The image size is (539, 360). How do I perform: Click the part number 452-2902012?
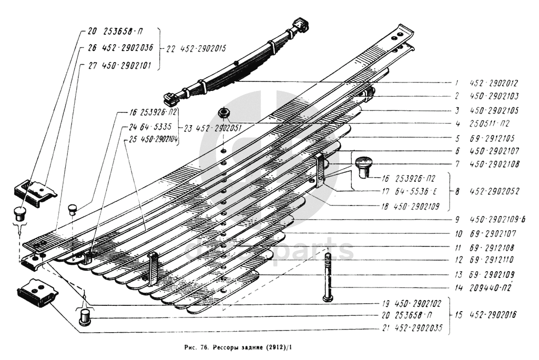click(494, 83)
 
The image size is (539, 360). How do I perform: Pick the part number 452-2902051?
click(217, 128)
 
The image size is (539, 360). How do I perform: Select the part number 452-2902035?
click(419, 330)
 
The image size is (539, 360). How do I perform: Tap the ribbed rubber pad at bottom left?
click(37, 295)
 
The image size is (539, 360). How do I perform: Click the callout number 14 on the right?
click(457, 287)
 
